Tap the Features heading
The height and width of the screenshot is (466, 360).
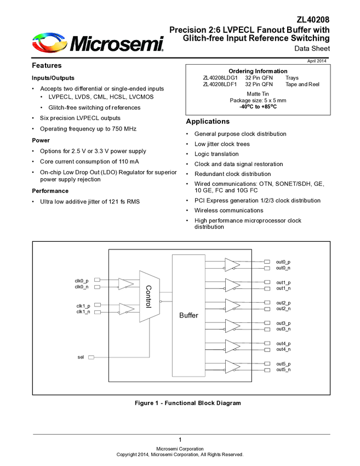point(47,66)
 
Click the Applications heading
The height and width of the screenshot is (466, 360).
point(208,121)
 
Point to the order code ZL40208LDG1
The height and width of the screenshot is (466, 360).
point(220,78)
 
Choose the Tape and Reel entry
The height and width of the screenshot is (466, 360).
point(302,84)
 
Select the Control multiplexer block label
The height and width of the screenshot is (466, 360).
point(147,296)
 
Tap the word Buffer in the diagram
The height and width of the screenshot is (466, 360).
point(188,316)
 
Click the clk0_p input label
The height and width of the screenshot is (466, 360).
point(82,281)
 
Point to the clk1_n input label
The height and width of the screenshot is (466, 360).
point(83,312)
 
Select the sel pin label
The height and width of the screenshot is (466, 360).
point(81,357)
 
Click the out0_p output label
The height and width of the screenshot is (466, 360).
point(283,262)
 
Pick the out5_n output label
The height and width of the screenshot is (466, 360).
point(283,370)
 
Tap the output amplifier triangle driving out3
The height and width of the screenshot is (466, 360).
point(232,326)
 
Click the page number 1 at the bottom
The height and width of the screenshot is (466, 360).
point(180,440)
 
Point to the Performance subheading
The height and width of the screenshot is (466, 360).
point(50,191)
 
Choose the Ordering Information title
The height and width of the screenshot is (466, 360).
point(258,71)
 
